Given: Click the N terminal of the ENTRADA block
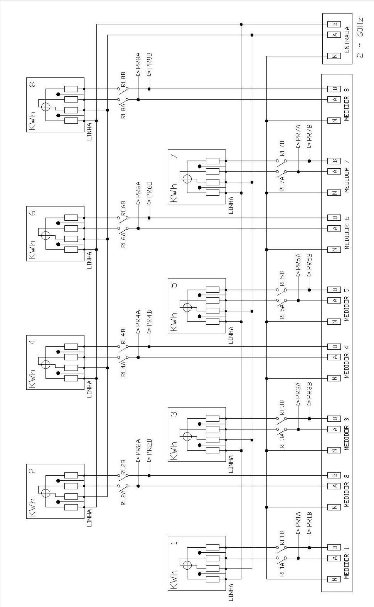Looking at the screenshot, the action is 334,56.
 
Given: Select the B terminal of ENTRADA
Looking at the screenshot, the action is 334,24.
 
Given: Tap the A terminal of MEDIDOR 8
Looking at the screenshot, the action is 334,99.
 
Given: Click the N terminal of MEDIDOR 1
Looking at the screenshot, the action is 334,579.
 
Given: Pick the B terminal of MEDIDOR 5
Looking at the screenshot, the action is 334,290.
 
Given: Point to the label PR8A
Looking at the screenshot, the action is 138,61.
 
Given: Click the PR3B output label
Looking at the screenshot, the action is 309,391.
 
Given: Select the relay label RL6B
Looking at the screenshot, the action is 123,208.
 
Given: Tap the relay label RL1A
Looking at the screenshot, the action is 282,569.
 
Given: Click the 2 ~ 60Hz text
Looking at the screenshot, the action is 360,38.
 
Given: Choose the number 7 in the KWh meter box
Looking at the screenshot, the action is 174,156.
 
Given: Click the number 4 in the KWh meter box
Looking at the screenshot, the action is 32,342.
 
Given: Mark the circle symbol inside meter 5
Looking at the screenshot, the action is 187,308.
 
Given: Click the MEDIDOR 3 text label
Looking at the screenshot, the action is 347,434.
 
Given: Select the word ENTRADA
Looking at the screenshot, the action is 347,40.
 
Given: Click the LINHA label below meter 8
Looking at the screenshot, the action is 89,131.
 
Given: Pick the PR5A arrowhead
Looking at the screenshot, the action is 298,274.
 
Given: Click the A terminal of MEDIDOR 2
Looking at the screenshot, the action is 334,486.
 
